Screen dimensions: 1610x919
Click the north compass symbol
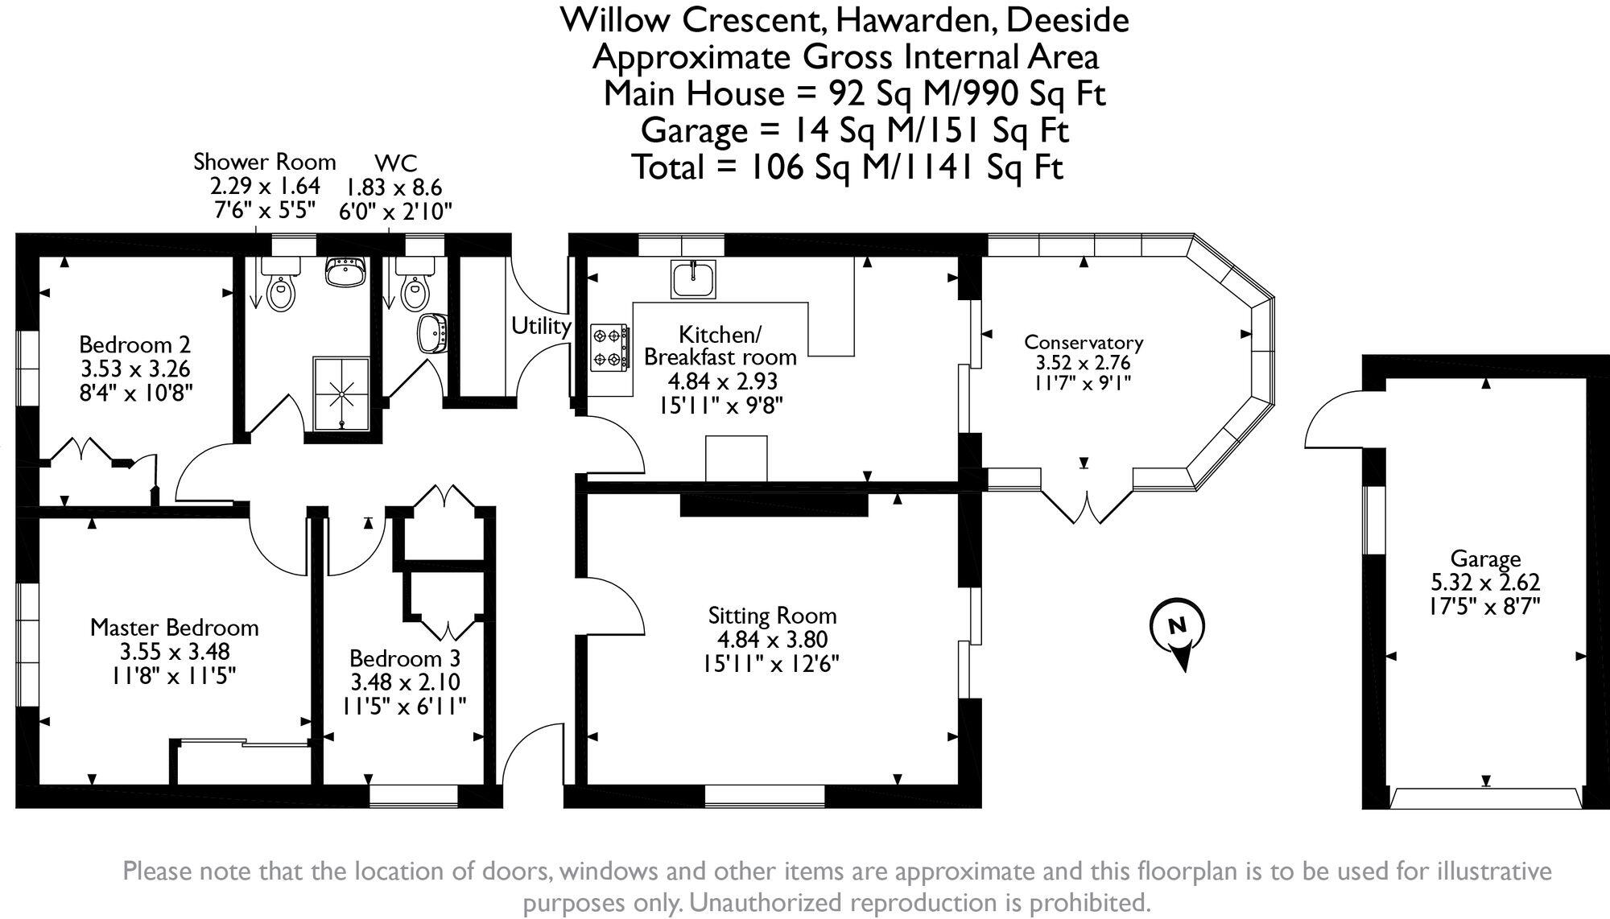click(1178, 633)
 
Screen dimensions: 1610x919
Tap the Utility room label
click(541, 326)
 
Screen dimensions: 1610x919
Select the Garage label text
click(1485, 558)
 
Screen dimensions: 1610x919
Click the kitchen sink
click(692, 278)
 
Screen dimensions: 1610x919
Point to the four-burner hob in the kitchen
click(609, 347)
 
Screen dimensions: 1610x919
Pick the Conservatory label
click(1084, 342)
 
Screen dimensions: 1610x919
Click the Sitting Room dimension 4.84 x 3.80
click(772, 641)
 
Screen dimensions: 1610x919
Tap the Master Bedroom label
click(175, 628)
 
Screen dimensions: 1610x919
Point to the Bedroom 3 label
click(405, 658)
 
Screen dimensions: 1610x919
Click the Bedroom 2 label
click(135, 344)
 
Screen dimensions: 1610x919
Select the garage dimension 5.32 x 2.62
click(1485, 582)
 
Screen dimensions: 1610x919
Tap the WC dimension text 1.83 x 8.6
click(394, 188)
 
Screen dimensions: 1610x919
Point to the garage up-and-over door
click(1486, 800)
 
